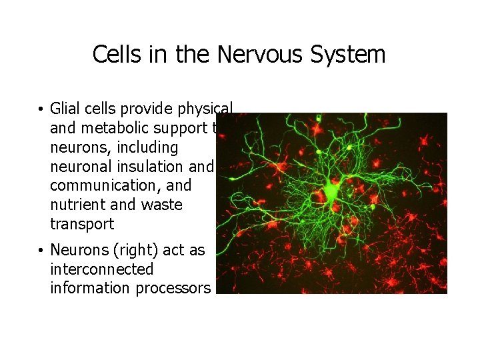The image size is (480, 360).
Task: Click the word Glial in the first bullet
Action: [x=65, y=109]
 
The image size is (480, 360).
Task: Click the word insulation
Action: [x=166, y=166]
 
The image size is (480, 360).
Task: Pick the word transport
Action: [x=82, y=223]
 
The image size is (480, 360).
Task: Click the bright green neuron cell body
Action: [x=331, y=193]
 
